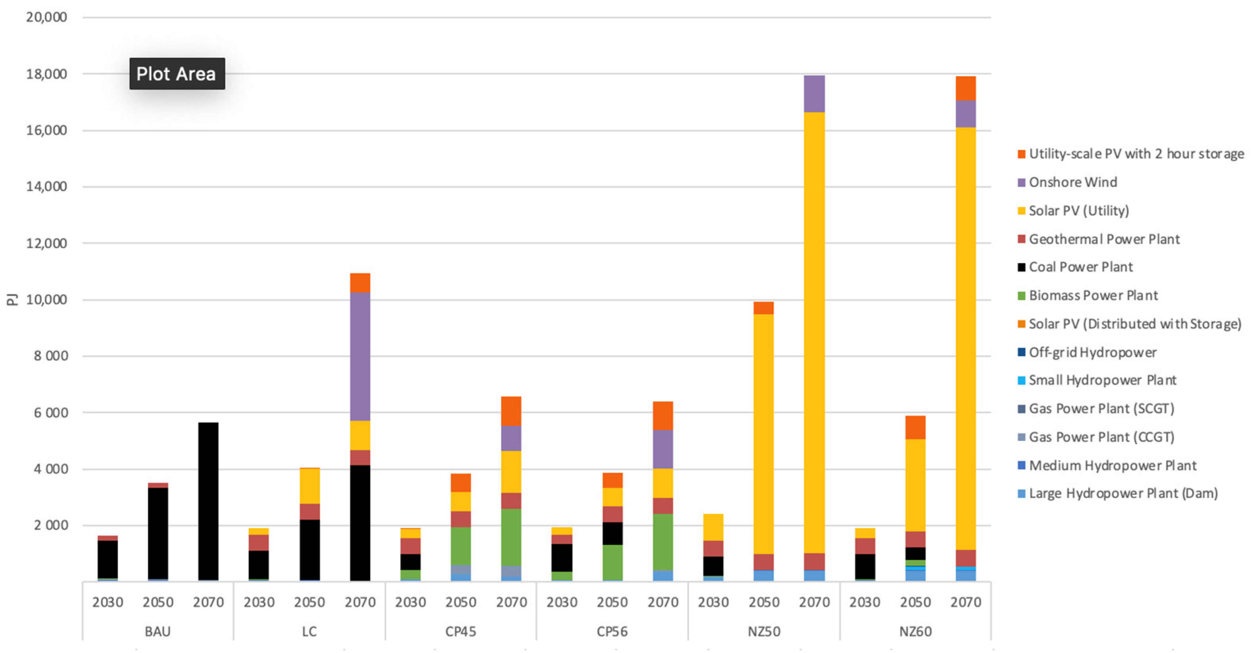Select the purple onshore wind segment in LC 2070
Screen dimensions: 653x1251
pos(360,356)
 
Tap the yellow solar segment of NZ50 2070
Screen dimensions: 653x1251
pos(814,332)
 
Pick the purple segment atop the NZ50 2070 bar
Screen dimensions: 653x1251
pos(814,94)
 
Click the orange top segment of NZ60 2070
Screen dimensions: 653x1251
pos(965,88)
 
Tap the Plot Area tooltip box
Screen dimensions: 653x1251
pos(177,74)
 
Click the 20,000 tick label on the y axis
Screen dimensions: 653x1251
pos(47,17)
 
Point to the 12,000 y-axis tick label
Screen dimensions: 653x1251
pos(47,243)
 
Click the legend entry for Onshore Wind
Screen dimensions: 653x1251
pos(1073,182)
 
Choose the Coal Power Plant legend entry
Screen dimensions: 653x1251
pos(1080,267)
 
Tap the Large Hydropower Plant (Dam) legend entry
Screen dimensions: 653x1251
pos(1123,493)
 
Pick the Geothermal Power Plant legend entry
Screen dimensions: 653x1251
pos(1104,239)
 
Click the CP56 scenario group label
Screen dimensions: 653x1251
pos(612,631)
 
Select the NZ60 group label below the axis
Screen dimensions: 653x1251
pos(915,631)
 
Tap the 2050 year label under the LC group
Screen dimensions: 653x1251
pos(309,602)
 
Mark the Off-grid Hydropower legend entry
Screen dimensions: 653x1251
pos(1092,352)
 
